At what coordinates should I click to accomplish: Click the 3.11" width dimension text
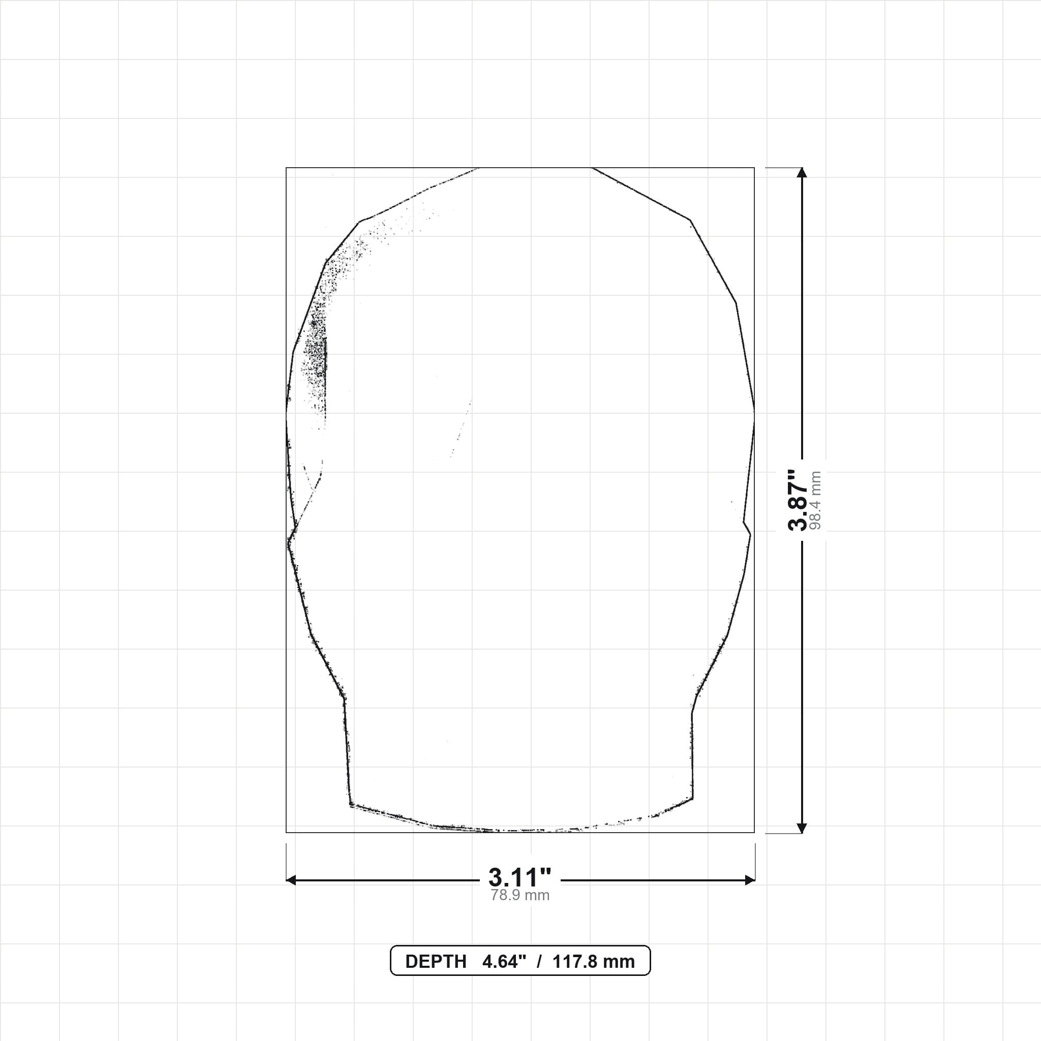coord(520,878)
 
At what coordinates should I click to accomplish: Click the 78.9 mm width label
coord(520,896)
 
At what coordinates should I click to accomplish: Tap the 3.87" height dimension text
coord(798,500)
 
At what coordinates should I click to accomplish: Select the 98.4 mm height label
coord(815,500)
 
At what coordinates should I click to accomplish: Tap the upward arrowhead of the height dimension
coord(802,172)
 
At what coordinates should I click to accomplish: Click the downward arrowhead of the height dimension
coord(802,828)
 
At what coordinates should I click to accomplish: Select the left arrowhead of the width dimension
coord(291,880)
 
